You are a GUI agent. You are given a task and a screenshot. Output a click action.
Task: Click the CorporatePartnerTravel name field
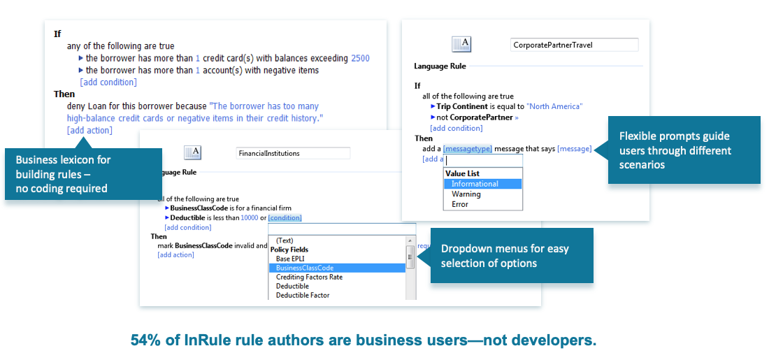574,45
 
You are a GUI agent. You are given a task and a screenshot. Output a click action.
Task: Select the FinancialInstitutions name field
293,153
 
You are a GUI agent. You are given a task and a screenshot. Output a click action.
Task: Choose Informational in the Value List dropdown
475,184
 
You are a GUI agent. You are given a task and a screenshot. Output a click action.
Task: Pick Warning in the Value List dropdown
466,194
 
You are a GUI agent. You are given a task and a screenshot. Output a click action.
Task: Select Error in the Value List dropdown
460,204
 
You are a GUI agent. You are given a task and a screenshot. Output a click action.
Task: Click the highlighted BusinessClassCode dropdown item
305,268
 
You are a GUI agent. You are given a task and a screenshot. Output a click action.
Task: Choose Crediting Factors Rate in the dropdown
309,277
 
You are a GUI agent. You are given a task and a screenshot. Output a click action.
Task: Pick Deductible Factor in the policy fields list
303,295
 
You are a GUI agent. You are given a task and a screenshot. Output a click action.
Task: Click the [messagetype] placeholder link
468,148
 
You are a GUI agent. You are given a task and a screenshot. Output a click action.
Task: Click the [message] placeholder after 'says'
574,148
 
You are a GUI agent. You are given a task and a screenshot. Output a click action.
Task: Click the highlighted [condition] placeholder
285,218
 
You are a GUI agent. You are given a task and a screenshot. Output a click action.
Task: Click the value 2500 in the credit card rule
360,58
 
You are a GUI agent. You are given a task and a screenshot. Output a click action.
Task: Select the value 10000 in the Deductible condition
249,218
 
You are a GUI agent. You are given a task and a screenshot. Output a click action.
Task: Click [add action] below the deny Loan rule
89,130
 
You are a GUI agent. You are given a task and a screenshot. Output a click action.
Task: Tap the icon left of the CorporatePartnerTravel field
461,45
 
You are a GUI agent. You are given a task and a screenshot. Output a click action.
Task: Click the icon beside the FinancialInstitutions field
192,153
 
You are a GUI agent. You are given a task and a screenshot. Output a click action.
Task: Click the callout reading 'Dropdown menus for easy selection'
511,256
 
